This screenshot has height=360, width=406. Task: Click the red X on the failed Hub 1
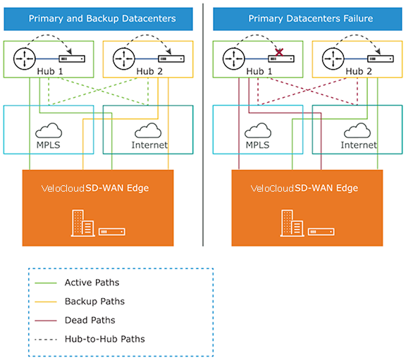pos(279,53)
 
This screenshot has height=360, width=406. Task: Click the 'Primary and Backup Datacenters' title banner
pos(98,19)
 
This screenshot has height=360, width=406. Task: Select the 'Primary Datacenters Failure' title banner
pos(307,19)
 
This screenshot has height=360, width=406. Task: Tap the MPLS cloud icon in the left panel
pos(49,130)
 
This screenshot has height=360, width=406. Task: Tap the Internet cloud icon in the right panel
pos(357,130)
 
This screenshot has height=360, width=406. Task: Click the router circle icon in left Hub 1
pos(25,58)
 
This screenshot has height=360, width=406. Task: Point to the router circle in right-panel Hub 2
pos(333,58)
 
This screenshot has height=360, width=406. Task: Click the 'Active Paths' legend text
pos(92,283)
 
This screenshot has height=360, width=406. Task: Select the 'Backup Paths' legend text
pos(94,302)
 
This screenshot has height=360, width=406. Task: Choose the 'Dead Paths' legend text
pos(90,320)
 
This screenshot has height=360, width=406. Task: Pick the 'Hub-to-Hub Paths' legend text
pos(104,339)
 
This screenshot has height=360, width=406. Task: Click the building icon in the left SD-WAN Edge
pos(82,223)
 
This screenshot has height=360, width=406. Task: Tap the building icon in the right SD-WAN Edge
pos(292,223)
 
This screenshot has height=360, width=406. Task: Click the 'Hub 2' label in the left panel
pos(149,71)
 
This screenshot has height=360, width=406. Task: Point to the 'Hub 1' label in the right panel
pos(259,71)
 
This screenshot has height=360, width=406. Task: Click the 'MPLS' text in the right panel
pos(257,145)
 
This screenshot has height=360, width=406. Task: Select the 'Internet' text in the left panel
pos(149,145)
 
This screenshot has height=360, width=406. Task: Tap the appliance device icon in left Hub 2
pos(171,58)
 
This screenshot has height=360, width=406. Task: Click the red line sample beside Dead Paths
pos(46,321)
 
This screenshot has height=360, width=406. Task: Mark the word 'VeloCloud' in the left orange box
pos(63,188)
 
